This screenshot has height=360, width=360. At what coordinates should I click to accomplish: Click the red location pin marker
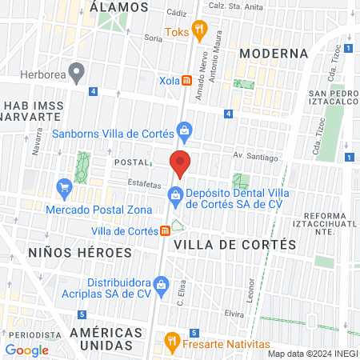(181, 162)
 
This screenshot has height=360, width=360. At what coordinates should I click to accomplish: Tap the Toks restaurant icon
(199, 32)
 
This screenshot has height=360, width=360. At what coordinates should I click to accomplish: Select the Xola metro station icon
(186, 80)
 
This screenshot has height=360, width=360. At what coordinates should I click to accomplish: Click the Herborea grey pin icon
(77, 72)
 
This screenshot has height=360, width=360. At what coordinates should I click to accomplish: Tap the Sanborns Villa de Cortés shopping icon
(185, 130)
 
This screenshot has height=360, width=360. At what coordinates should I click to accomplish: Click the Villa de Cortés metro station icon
(165, 230)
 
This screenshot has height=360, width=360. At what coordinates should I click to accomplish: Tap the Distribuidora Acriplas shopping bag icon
(161, 283)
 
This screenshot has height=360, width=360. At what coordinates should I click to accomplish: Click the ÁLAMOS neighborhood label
(120, 6)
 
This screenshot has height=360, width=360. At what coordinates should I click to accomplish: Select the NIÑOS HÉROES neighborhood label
(68, 252)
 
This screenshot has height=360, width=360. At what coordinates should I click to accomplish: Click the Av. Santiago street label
(255, 156)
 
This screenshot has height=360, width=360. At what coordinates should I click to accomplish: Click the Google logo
(27, 350)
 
